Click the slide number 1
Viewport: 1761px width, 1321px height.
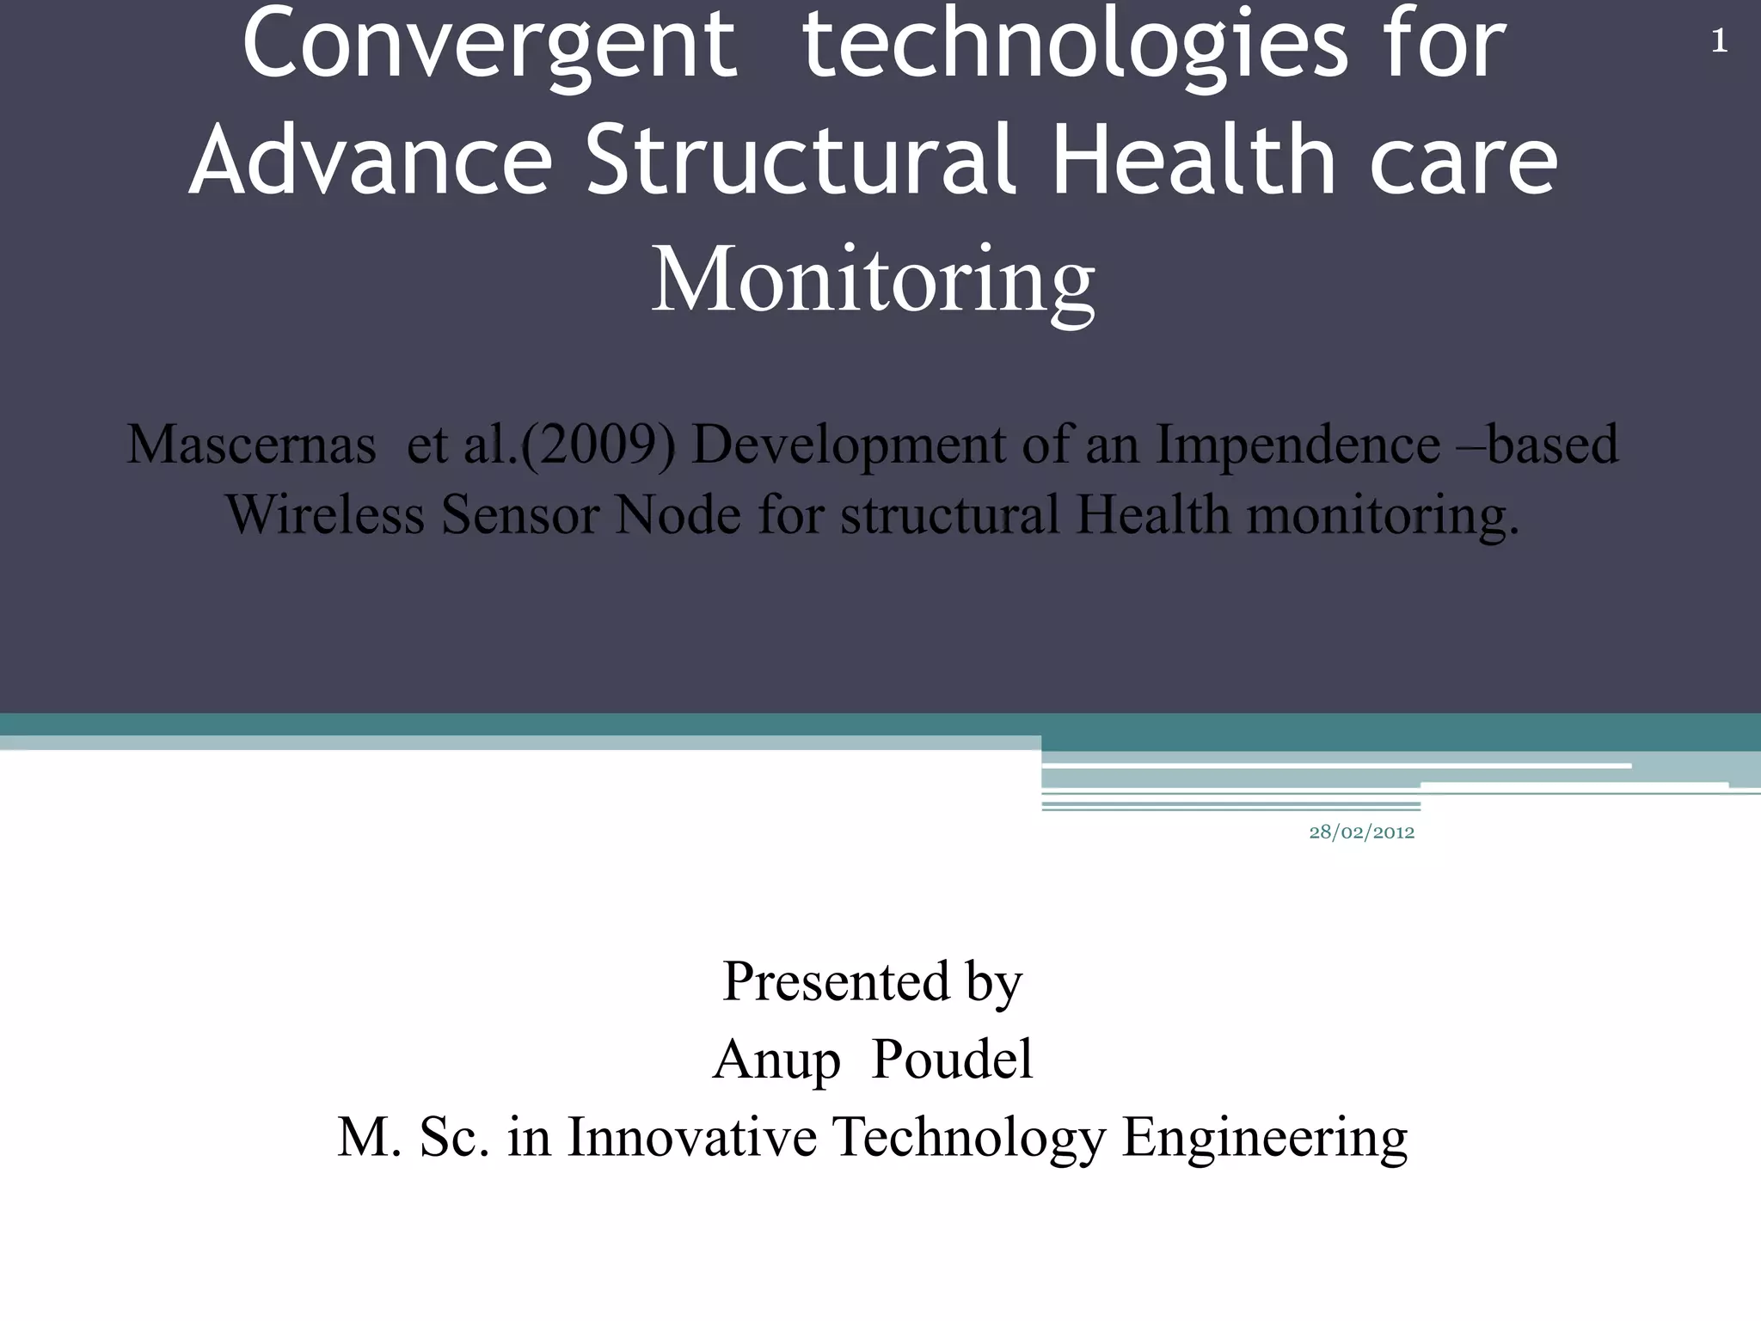pos(1719,42)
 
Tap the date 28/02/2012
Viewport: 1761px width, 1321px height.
pos(1361,833)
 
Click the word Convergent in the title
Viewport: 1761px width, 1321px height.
pos(490,45)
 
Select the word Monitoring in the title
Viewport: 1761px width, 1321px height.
pos(873,280)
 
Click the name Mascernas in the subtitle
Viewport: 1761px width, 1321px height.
pos(251,445)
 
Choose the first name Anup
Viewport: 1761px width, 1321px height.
pos(776,1060)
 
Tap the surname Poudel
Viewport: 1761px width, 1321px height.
pos(952,1059)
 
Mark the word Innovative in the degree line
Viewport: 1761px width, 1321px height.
pos(692,1137)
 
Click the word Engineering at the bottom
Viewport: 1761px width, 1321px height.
pos(1265,1139)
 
